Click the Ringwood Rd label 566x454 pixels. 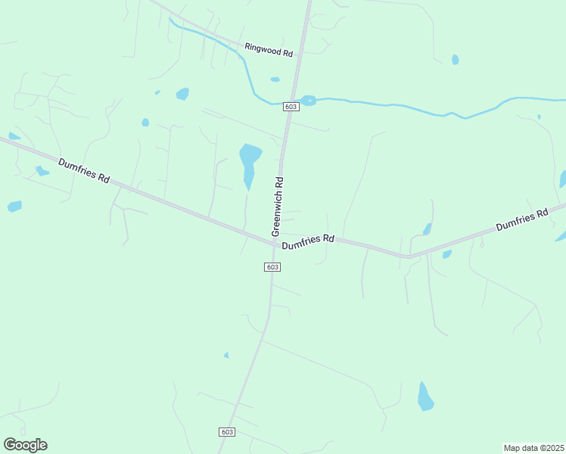point(269,50)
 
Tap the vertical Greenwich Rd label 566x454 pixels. point(278,204)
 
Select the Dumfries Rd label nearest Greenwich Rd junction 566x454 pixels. point(308,242)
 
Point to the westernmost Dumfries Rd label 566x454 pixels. point(84,169)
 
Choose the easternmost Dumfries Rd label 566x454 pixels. point(521,221)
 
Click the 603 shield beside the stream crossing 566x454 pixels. point(291,107)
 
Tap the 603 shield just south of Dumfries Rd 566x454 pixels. point(273,267)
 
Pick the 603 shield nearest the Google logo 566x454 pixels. point(227,431)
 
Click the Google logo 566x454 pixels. point(26,445)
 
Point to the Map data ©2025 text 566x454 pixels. point(533,447)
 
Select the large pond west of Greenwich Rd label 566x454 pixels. point(249,163)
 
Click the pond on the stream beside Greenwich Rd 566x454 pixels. point(308,100)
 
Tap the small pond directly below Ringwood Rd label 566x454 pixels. point(275,79)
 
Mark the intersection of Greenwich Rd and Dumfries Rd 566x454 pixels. point(275,241)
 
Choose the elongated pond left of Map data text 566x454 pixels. point(425,396)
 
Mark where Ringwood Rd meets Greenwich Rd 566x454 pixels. point(300,54)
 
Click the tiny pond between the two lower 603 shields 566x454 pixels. point(226,355)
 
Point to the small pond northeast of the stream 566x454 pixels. point(455,59)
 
